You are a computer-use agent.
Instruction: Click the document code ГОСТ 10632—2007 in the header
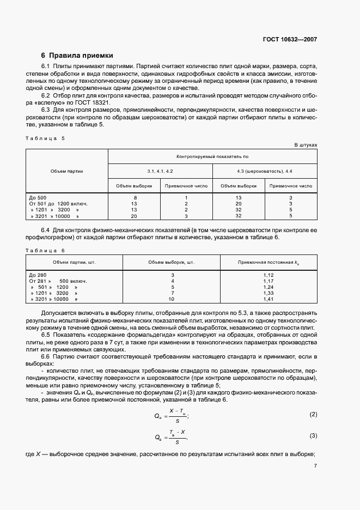(289, 39)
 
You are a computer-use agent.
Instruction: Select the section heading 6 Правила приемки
(77, 55)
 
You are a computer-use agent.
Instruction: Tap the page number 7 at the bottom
(315, 465)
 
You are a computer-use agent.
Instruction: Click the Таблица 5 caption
(45, 138)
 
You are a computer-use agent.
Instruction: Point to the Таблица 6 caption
(45, 250)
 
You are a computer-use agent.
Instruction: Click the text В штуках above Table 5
(306, 145)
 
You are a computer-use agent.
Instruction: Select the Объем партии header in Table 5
(67, 171)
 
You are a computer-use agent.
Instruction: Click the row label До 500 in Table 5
(38, 198)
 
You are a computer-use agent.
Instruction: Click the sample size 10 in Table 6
(172, 299)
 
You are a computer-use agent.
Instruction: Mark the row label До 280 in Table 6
(38, 275)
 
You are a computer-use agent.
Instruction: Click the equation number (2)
(313, 415)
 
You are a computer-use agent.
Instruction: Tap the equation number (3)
(313, 435)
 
